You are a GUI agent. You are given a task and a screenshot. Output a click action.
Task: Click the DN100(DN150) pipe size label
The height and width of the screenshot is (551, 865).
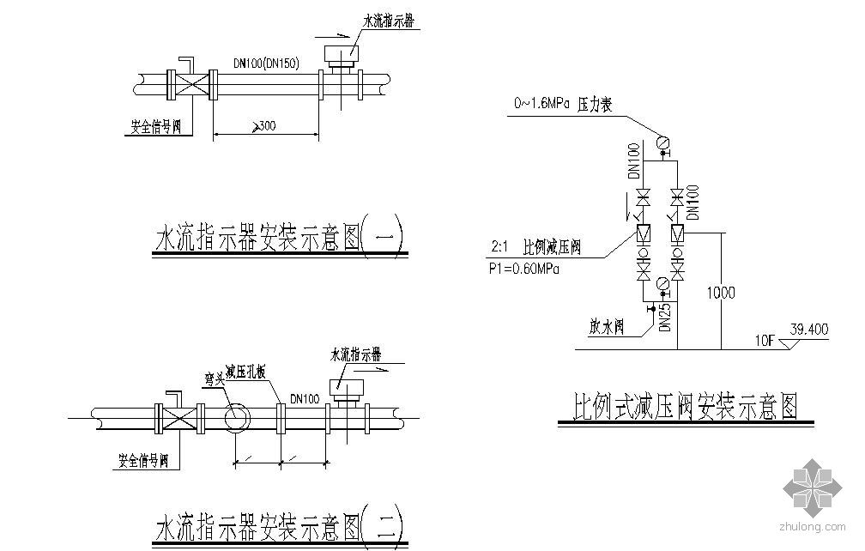click(266, 63)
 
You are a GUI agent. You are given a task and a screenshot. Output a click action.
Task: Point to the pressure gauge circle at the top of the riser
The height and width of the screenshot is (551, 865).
click(662, 142)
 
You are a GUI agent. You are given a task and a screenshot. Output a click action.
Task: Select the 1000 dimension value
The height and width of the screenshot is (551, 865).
click(721, 293)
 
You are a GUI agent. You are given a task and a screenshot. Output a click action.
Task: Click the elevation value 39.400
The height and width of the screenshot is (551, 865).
click(809, 330)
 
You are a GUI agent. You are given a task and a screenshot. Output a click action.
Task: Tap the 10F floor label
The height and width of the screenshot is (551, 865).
click(765, 340)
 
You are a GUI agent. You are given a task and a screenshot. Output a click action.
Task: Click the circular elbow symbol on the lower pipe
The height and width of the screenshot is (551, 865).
click(236, 419)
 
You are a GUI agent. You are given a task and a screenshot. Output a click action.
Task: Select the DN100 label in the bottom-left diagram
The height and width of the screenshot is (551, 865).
click(305, 397)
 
